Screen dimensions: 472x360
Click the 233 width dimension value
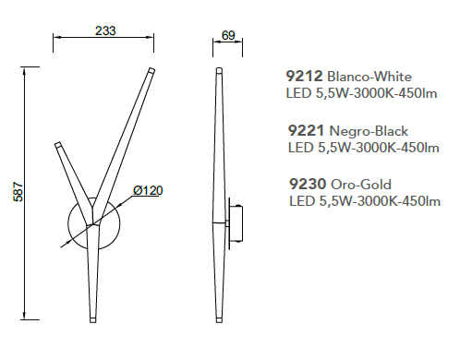105,30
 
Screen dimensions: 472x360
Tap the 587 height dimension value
18,192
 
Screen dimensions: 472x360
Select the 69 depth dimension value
228,36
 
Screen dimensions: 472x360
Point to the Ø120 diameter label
148,191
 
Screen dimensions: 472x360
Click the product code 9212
304,76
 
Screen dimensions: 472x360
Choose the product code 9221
306,131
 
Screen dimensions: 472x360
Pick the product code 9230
308,184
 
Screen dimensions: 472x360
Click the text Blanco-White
369,77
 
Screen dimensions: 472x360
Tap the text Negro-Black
369,131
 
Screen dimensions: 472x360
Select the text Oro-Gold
361,185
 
